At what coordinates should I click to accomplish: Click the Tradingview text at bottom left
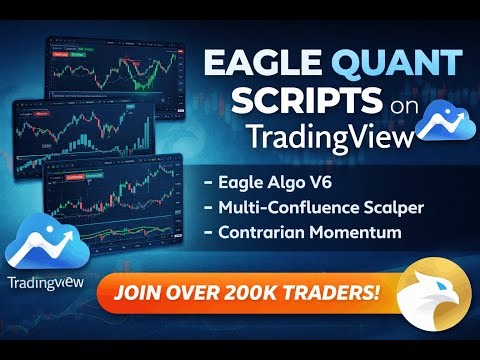coord(47,282)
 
